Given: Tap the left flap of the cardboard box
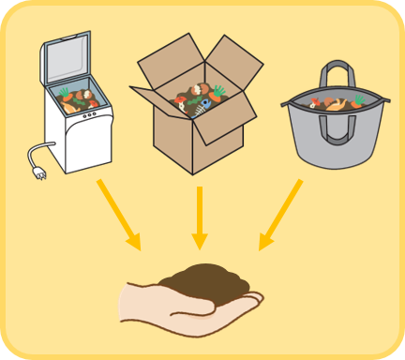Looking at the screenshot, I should pos(150,98).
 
